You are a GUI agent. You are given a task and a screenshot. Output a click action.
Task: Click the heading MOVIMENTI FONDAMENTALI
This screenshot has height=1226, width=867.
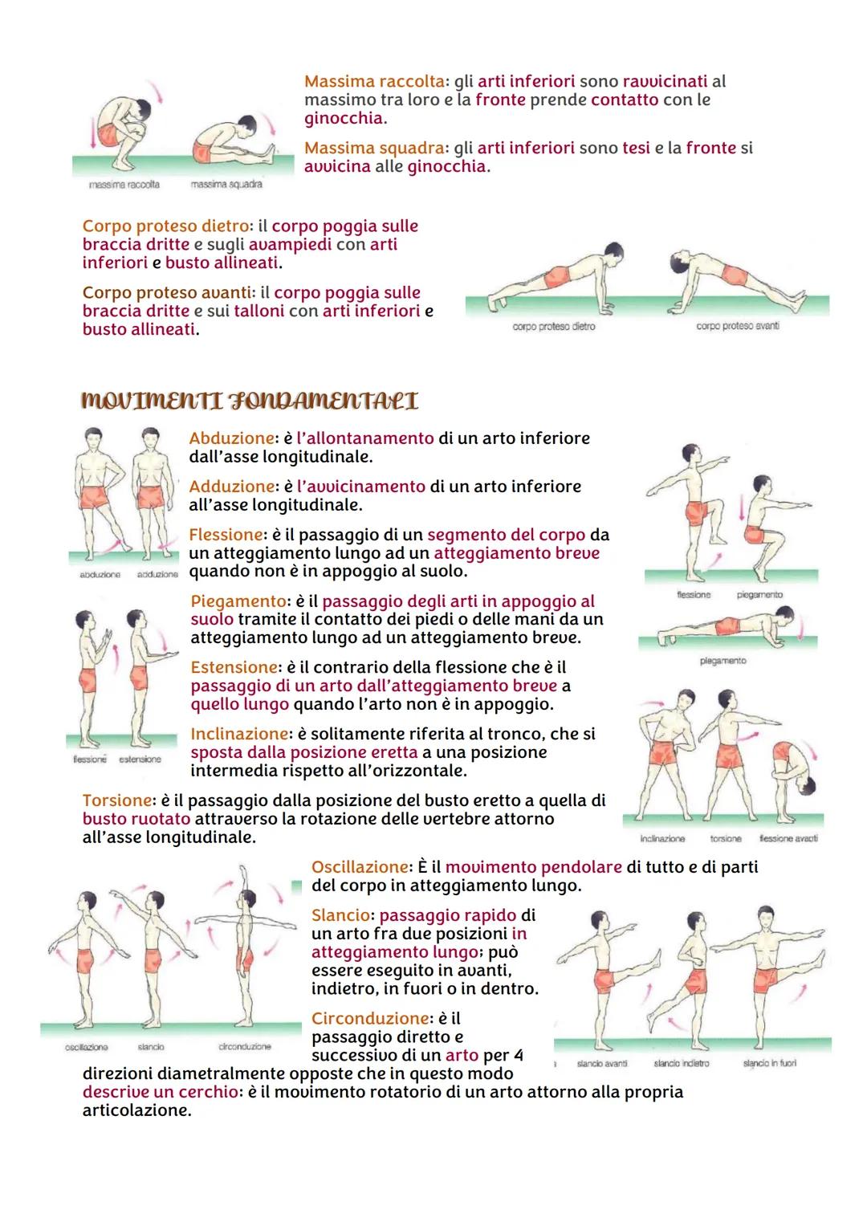(250, 401)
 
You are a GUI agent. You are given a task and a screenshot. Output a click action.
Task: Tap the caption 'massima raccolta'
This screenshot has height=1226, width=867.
(124, 185)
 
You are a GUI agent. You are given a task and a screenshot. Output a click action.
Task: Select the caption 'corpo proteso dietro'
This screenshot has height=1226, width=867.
(554, 327)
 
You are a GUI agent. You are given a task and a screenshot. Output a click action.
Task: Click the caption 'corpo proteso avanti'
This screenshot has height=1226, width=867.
(738, 326)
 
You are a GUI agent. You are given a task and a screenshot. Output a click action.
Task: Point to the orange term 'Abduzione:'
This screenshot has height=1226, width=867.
(232, 438)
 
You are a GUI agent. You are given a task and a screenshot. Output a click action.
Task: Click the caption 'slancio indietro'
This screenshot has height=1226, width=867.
(682, 1063)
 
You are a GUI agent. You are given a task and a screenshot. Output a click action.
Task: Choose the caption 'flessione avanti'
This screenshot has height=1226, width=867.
(789, 838)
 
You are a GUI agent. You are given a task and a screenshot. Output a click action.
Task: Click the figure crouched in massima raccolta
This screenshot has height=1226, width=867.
(120, 128)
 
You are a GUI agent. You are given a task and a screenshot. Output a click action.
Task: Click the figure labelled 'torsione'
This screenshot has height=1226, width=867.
(727, 759)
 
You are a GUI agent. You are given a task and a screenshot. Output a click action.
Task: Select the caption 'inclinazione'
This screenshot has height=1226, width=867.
(662, 838)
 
